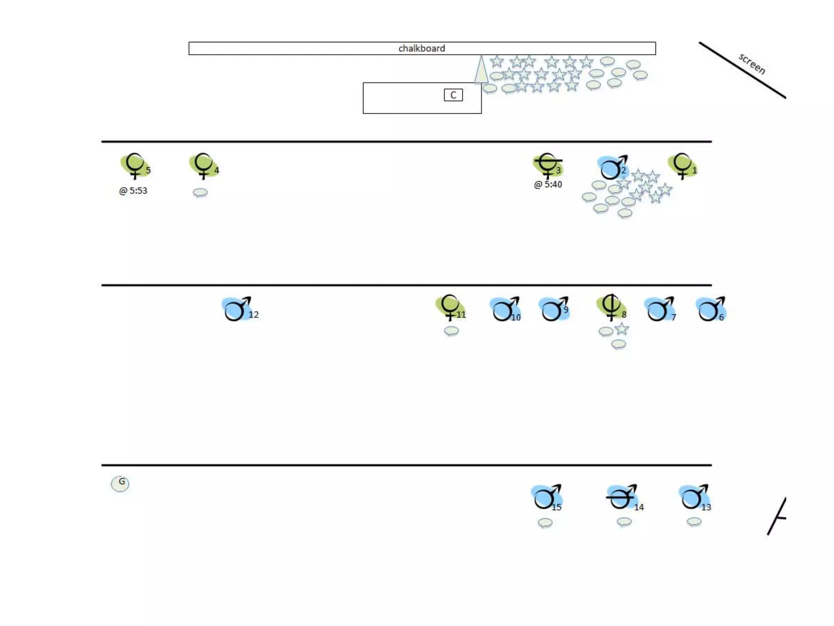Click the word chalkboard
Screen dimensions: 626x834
pyautogui.click(x=421, y=48)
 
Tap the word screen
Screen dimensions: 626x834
pyautogui.click(x=752, y=64)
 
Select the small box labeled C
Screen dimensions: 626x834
pyautogui.click(x=453, y=95)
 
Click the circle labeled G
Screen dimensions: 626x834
pyautogui.click(x=120, y=483)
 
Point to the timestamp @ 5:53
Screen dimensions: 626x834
pyautogui.click(x=133, y=191)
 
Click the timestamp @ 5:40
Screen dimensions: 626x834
pyautogui.click(x=548, y=184)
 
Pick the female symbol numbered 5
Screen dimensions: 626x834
pyautogui.click(x=135, y=165)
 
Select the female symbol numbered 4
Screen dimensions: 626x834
pyautogui.click(x=203, y=165)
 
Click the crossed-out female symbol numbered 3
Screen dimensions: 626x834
pyautogui.click(x=548, y=165)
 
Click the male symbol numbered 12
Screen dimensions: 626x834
pyautogui.click(x=237, y=309)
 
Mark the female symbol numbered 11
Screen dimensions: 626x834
pyautogui.click(x=450, y=307)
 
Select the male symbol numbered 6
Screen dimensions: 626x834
pyautogui.click(x=710, y=309)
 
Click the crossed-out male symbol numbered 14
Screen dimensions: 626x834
pyautogui.click(x=621, y=497)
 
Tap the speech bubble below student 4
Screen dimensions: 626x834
pyautogui.click(x=200, y=192)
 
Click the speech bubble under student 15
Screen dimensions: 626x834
pyautogui.click(x=545, y=522)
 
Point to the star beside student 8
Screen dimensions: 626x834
pyautogui.click(x=621, y=328)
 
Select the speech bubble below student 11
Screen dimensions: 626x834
pyautogui.click(x=451, y=331)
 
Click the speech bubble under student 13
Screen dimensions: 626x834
pyautogui.click(x=694, y=522)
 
